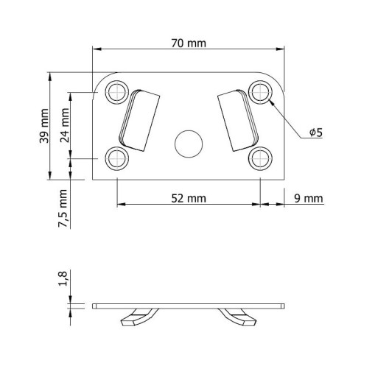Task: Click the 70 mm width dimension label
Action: pos(189,43)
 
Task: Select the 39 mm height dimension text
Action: pos(44,126)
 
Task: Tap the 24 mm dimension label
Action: pos(65,125)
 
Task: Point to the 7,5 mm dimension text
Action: pos(63,208)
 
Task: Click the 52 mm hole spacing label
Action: pos(189,198)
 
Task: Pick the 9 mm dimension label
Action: pos(309,198)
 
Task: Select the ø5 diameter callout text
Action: pos(316,133)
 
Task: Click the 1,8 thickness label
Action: pos(63,278)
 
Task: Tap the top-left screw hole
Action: pos(117,92)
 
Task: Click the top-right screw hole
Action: pos(260,92)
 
